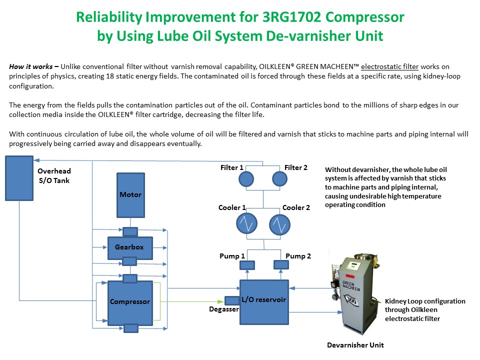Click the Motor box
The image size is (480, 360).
pyautogui.click(x=130, y=195)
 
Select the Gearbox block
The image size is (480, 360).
pyautogui.click(x=130, y=247)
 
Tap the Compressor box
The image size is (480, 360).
pyautogui.click(x=130, y=302)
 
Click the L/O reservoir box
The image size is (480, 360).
pyautogui.click(x=264, y=301)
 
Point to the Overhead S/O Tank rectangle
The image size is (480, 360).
pyautogui.click(x=19, y=177)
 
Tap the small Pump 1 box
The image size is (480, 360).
pyautogui.click(x=247, y=265)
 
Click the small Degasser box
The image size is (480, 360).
pyautogui.click(x=232, y=301)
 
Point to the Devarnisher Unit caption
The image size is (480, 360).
pyautogui.click(x=355, y=345)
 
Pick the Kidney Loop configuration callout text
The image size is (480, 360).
pyautogui.click(x=424, y=309)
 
